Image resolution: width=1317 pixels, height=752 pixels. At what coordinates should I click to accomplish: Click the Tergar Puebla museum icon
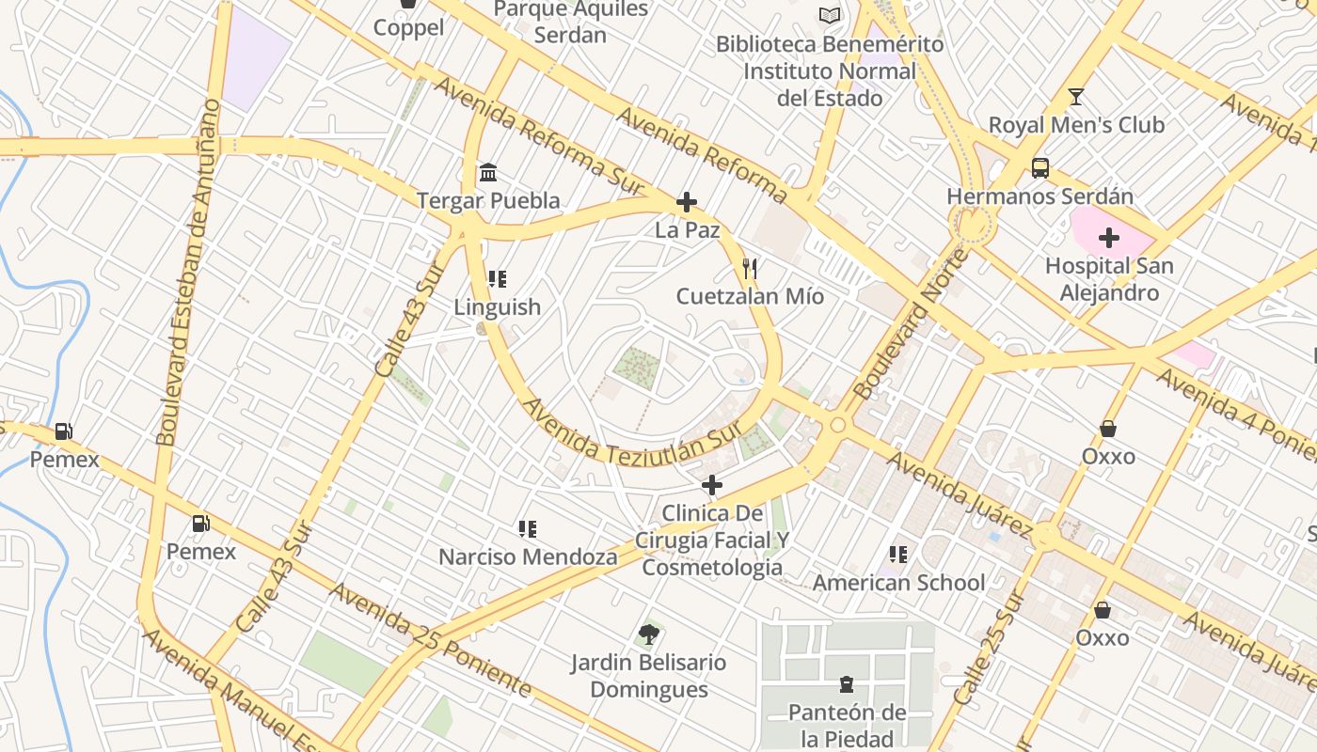click(488, 173)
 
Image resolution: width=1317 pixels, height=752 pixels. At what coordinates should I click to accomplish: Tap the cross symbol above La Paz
click(687, 202)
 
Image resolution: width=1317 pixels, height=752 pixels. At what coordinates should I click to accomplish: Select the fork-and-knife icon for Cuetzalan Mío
click(750, 270)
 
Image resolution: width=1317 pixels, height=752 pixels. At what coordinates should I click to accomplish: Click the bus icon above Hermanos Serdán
click(1039, 168)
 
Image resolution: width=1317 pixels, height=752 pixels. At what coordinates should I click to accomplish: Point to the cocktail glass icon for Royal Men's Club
click(1076, 97)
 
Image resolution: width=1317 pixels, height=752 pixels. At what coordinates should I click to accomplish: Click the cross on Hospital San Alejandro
click(1109, 238)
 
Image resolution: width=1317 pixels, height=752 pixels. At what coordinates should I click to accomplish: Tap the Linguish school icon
click(498, 279)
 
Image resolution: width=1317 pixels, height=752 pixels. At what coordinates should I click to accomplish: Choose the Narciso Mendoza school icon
click(528, 529)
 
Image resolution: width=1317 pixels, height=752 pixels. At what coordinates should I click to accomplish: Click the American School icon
click(898, 555)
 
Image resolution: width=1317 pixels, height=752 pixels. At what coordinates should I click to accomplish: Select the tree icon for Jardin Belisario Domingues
click(648, 634)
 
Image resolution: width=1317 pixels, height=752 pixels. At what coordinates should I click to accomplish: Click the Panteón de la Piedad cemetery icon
click(847, 684)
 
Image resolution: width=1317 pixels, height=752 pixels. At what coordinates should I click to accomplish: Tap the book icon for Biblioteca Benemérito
click(829, 16)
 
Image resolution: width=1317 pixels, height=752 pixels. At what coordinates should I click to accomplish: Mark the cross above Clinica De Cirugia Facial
click(712, 485)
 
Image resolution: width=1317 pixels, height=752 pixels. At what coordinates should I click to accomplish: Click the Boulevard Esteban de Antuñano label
click(188, 273)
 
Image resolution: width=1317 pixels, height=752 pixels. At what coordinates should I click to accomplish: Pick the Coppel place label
click(408, 27)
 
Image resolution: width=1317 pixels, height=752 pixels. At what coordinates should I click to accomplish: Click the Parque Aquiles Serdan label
click(571, 22)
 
